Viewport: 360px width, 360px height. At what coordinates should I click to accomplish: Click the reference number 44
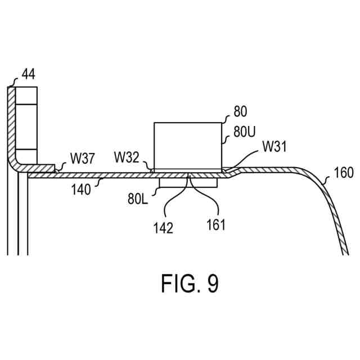[x=29, y=74]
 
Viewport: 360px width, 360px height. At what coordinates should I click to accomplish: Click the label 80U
[x=244, y=133]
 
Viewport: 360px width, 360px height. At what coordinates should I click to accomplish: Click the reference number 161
[x=215, y=225]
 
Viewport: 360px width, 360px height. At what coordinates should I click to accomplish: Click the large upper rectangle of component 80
[x=188, y=145]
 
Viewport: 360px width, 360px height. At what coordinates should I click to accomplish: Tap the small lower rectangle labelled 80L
[x=188, y=183]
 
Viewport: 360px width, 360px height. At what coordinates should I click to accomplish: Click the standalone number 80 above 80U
[x=239, y=111]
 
